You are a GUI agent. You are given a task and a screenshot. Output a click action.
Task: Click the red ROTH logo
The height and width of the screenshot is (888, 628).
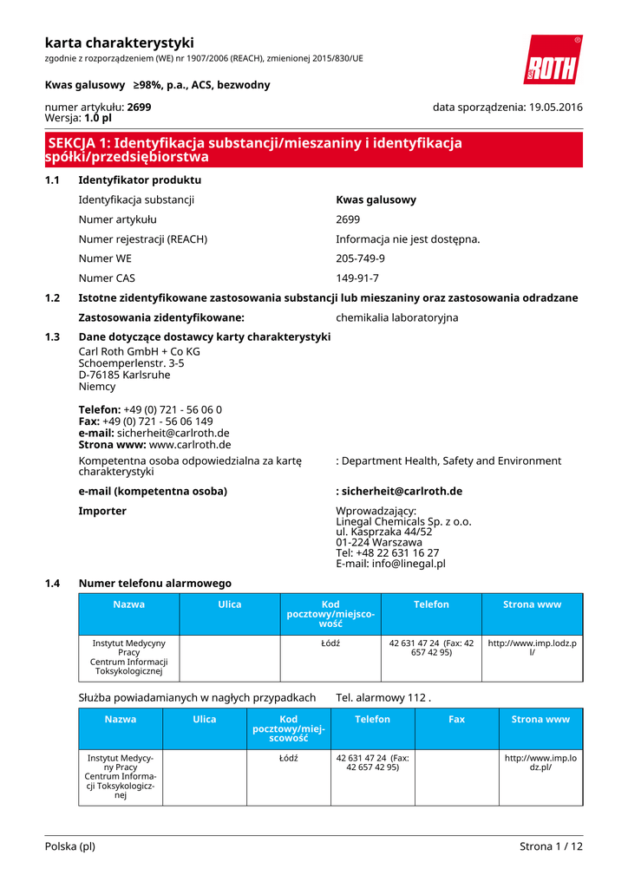coord(553,61)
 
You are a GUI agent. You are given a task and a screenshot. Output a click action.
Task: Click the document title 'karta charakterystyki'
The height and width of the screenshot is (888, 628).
coord(119,42)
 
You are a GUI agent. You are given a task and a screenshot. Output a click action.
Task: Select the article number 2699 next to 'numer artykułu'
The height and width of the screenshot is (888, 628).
coord(139,107)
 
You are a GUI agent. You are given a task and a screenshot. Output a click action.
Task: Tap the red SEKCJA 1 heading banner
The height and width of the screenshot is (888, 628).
coord(313,150)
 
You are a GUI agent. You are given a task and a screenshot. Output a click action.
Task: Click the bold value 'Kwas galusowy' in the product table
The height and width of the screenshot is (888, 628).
coord(376,199)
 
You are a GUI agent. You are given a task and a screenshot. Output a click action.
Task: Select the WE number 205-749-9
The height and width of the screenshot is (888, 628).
coord(360,258)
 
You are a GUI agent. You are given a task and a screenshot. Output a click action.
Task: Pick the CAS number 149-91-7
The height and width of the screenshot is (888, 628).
coord(357,278)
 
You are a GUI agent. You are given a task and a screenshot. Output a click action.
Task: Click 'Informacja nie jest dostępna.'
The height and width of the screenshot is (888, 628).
coord(408,238)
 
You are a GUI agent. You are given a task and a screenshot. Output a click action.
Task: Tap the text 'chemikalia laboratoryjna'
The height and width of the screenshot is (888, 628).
coord(396,317)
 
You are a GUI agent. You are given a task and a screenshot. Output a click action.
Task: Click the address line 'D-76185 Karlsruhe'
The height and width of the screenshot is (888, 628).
coord(124,375)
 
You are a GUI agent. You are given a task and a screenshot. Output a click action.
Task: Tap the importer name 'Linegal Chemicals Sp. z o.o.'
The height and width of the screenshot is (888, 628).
coord(403,522)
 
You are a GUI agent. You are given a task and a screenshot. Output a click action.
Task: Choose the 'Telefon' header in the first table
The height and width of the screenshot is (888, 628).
coord(431,604)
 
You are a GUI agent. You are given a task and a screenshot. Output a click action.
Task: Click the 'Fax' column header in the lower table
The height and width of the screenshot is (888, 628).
coord(456,719)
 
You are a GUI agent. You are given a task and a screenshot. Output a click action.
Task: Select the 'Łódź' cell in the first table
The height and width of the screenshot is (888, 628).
coord(330,643)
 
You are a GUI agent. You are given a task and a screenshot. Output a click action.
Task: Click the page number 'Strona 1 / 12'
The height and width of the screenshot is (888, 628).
coord(551,846)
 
